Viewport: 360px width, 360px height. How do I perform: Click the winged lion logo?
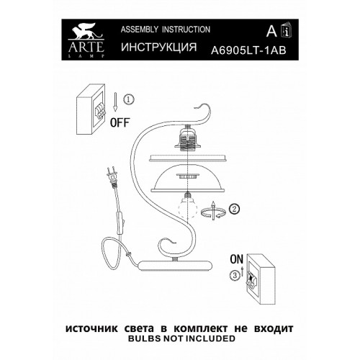86,31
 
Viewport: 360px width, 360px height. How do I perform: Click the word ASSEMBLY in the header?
140,30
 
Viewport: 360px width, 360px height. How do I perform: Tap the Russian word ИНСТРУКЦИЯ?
159,47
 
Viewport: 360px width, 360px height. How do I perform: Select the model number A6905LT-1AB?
248,50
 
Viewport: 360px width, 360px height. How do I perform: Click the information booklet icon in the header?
287,30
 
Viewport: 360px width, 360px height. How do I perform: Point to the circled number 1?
129,99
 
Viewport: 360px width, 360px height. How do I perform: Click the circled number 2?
235,209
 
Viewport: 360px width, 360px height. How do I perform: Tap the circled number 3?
235,275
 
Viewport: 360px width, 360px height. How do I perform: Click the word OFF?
120,122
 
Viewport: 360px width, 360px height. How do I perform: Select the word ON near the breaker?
237,259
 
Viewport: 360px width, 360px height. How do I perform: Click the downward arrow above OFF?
115,102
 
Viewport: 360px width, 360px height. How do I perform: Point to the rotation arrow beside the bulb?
213,211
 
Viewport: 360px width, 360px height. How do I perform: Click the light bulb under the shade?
187,204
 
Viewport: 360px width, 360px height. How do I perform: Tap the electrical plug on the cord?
112,176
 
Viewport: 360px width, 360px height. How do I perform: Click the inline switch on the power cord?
121,222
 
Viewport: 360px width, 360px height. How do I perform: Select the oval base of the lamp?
176,266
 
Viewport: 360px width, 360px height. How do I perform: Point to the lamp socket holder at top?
187,138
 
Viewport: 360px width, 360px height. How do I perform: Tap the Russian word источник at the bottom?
91,328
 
